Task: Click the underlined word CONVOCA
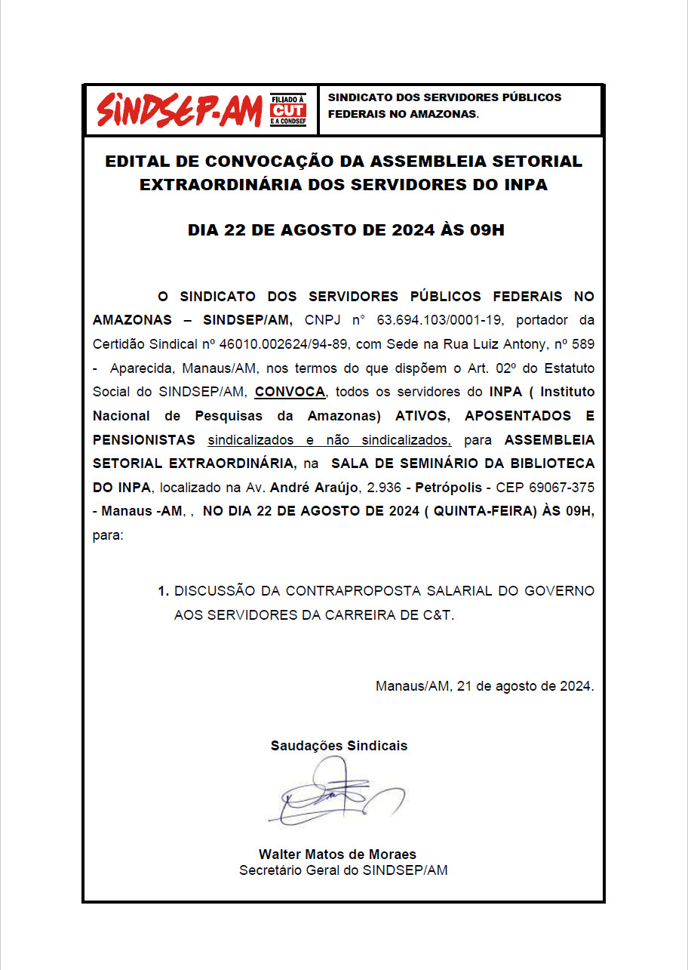(x=290, y=392)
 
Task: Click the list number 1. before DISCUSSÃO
(x=163, y=591)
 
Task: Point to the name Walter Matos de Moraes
(x=337, y=855)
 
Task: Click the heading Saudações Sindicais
(x=339, y=746)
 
